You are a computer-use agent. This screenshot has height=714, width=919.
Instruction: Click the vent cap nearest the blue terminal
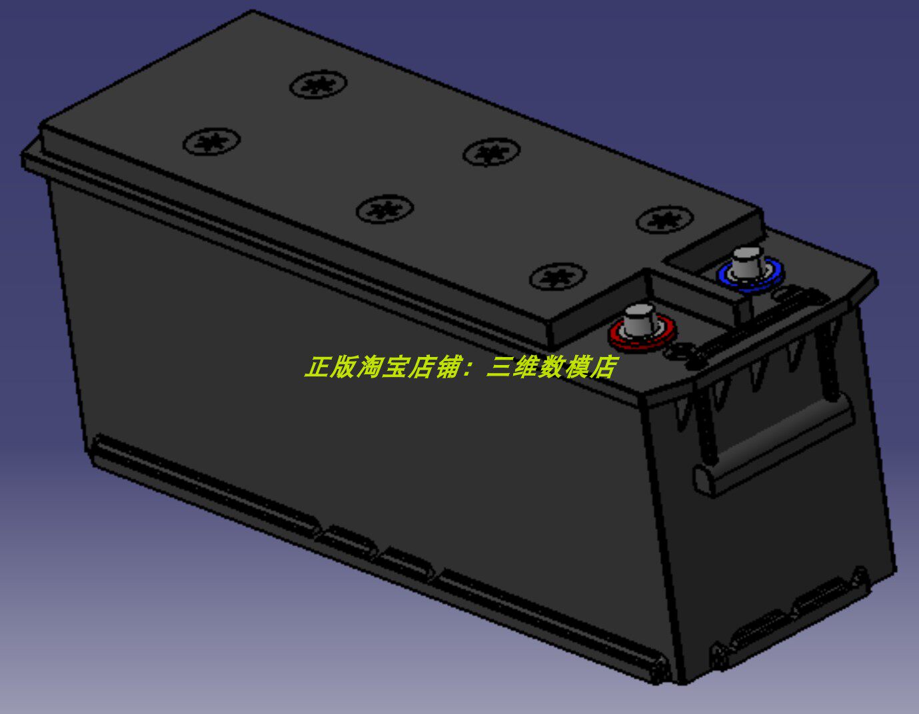665,219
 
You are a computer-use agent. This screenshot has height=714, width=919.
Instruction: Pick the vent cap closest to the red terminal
558,276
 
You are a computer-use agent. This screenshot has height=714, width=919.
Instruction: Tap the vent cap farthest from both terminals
211,141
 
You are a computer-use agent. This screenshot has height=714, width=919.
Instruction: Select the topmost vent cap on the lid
319,85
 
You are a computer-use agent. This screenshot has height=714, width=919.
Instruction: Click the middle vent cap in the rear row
491,152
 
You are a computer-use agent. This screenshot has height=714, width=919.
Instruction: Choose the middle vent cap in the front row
385,208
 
